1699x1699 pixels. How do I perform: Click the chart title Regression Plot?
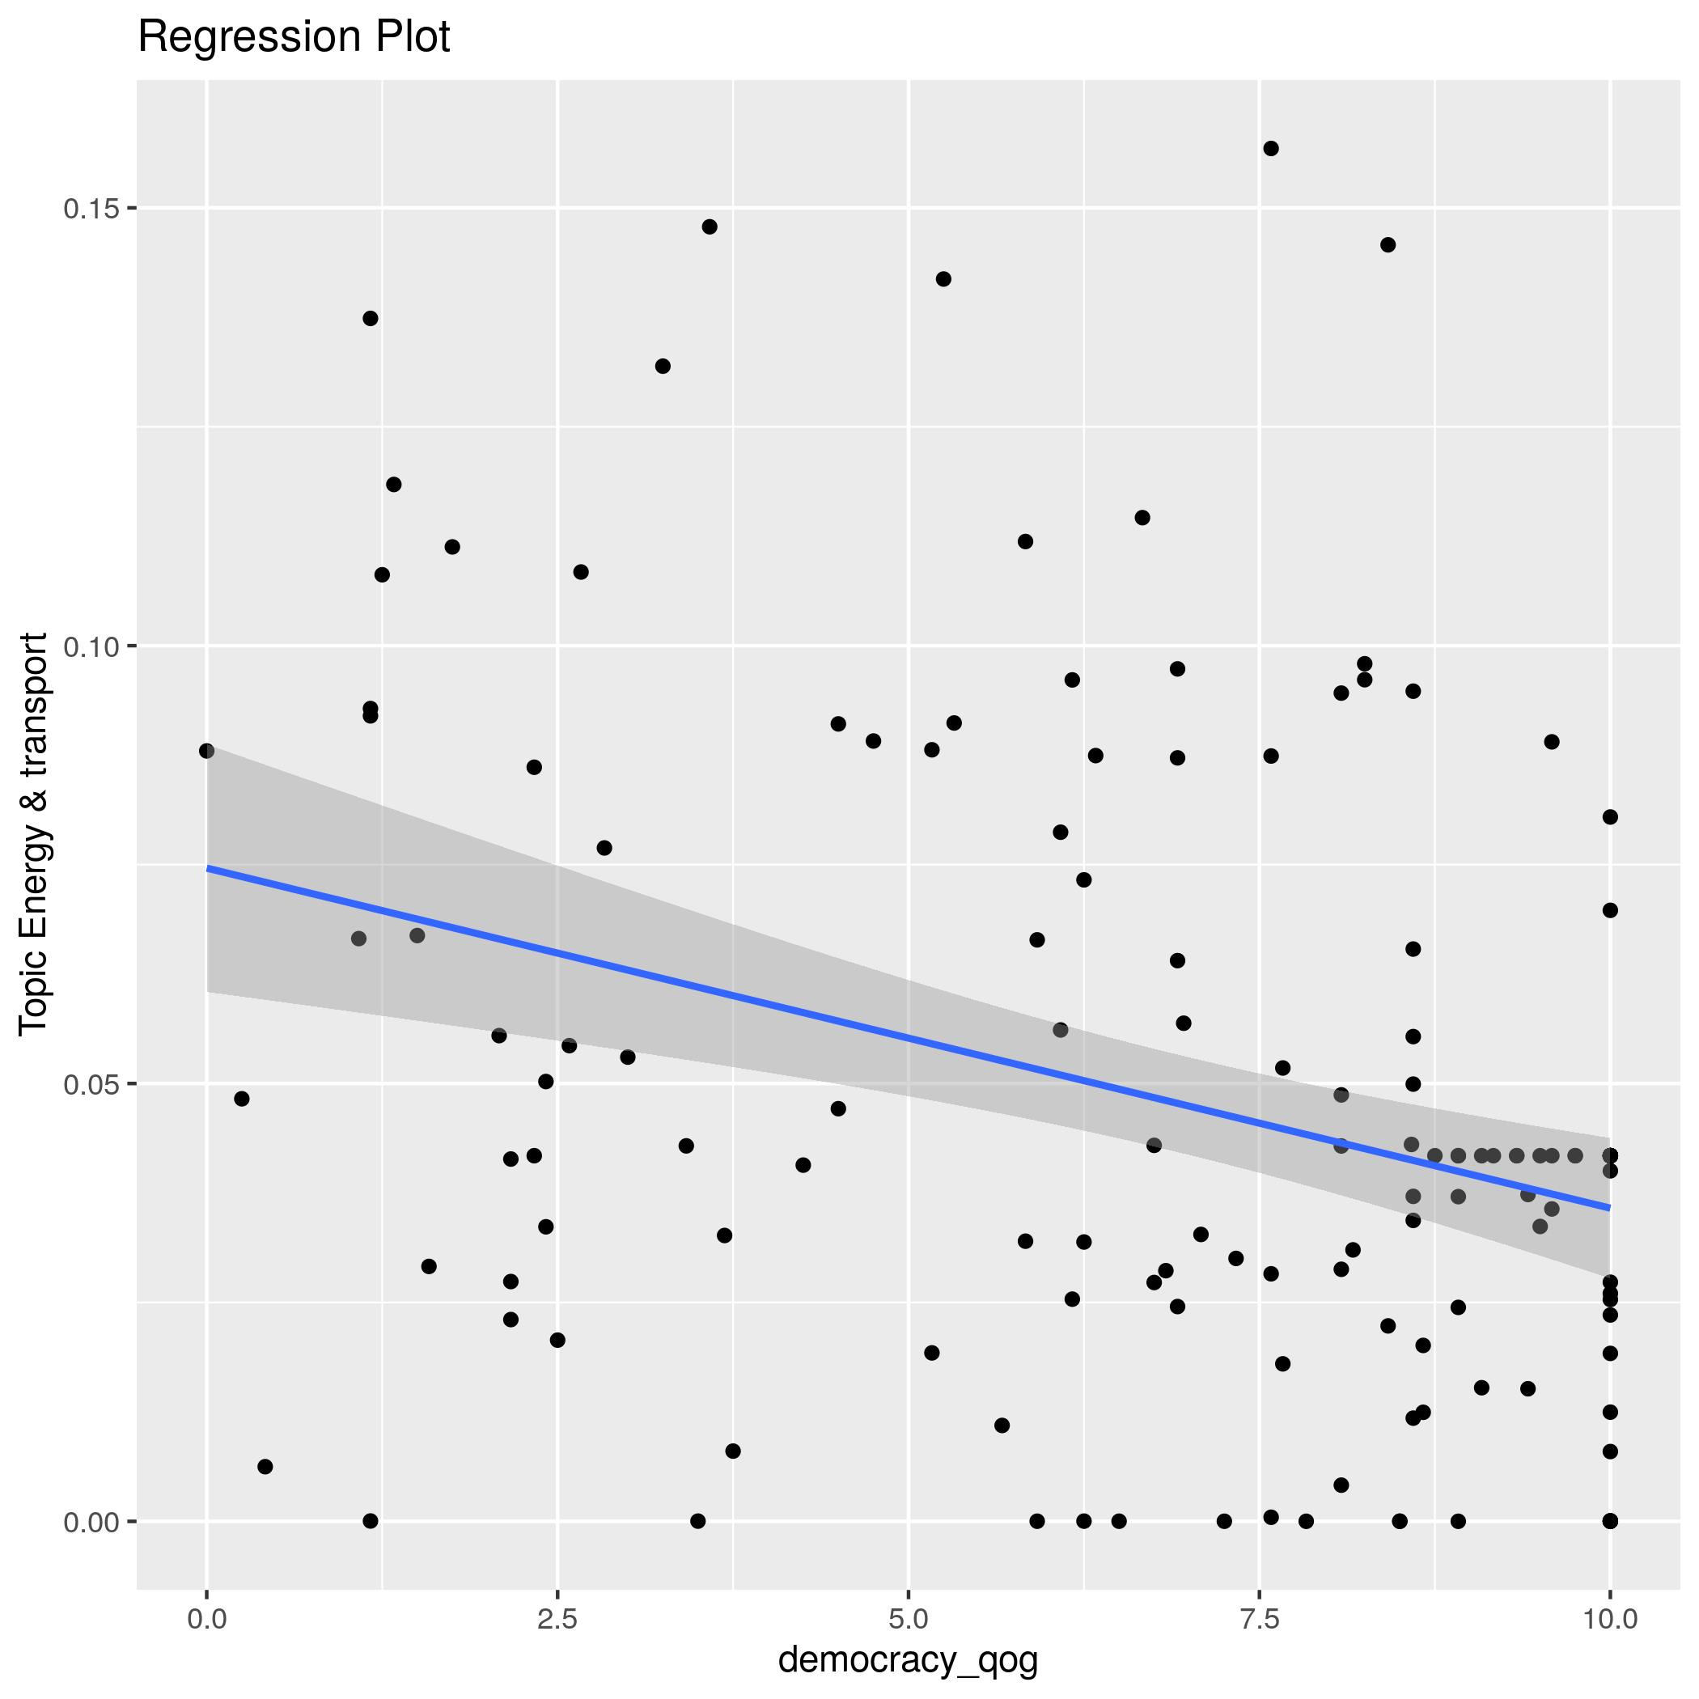tap(294, 38)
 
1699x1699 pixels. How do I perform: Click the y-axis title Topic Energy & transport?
tap(33, 833)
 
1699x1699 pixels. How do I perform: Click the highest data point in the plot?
tap(1271, 149)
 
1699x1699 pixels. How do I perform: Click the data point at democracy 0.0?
tap(206, 751)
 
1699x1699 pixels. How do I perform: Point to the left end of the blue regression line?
tap(209, 869)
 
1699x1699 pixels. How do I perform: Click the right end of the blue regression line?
tap(1609, 1207)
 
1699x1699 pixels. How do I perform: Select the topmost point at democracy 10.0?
tap(1610, 817)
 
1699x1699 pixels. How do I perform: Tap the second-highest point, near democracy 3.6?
tap(710, 227)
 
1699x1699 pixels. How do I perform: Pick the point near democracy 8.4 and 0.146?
tap(1388, 244)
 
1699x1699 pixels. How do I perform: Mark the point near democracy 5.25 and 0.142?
tap(943, 279)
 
